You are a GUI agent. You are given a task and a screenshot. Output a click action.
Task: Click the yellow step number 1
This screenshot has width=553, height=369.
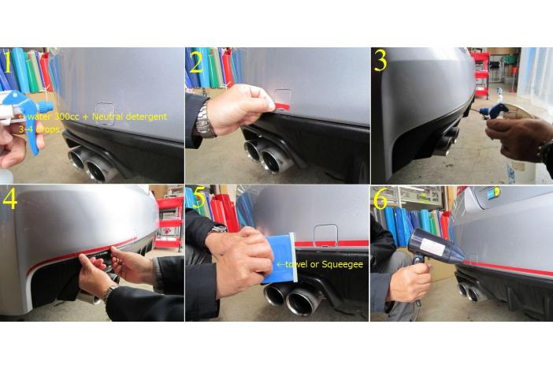8,62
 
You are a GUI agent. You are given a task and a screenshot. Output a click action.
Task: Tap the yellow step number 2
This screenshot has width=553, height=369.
196,62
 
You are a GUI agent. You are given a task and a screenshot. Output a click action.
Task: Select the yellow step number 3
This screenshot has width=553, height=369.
380,61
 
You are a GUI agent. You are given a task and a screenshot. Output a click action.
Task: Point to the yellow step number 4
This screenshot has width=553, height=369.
9,199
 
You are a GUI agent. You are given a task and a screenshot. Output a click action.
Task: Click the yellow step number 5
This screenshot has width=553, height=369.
199,198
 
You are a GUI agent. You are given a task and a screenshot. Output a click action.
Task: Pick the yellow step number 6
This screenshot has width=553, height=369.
380,199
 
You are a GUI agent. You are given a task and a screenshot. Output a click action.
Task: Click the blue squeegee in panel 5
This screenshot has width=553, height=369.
280,259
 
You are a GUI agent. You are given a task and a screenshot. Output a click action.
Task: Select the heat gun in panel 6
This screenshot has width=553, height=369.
436,247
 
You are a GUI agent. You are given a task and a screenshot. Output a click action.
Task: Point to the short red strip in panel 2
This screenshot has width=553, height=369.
282,106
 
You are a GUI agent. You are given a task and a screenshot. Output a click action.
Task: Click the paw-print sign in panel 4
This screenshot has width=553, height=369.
167,232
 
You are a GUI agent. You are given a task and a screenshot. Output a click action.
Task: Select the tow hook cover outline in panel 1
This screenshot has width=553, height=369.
105,114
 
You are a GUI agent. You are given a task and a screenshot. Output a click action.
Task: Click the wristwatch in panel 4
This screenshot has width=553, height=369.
109,293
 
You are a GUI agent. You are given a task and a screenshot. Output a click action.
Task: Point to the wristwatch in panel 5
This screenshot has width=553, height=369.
217,229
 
